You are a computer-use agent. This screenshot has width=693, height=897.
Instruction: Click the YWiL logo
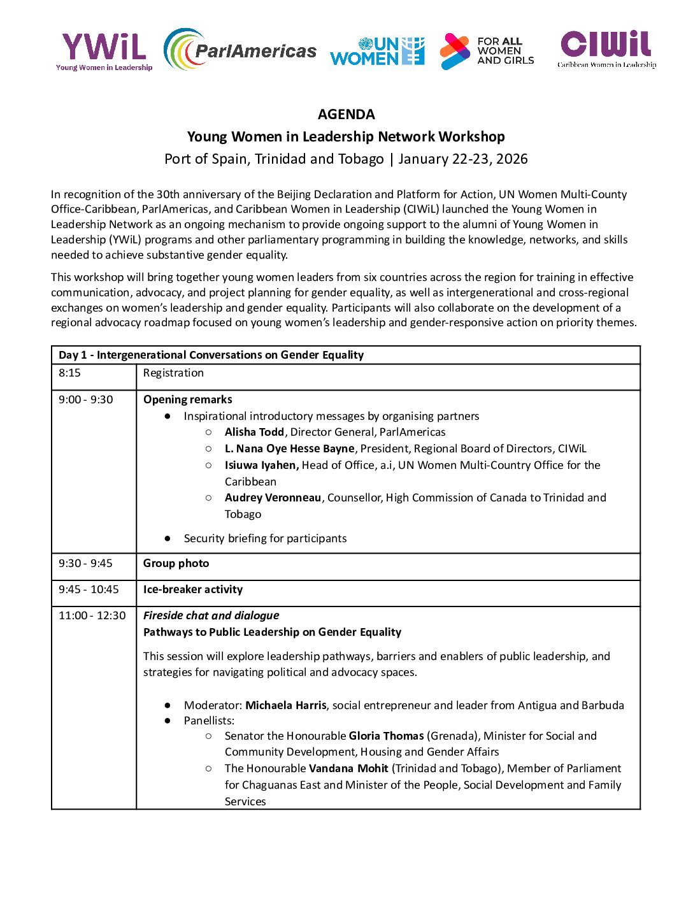click(x=104, y=51)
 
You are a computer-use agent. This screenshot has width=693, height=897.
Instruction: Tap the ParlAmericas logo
click(x=240, y=50)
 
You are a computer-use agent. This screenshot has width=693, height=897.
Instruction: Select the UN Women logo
click(x=377, y=51)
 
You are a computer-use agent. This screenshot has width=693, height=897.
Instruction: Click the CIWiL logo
click(x=606, y=48)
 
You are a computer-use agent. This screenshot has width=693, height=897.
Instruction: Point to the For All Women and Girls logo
click(x=487, y=51)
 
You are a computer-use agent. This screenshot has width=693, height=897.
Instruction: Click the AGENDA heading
click(x=346, y=115)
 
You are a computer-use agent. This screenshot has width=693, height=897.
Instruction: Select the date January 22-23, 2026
click(x=463, y=159)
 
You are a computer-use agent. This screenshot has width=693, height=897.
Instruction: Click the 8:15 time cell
click(x=70, y=373)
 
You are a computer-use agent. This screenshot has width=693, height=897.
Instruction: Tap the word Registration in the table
click(x=173, y=373)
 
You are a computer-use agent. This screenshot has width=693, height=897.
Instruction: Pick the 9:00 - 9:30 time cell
click(x=86, y=399)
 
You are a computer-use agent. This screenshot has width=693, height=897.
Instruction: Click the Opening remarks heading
click(x=188, y=399)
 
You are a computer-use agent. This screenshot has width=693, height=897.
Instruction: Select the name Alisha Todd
click(x=254, y=432)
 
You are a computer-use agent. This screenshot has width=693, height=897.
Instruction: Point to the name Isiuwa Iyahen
click(x=262, y=465)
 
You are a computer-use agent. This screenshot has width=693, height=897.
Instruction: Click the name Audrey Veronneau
click(x=273, y=498)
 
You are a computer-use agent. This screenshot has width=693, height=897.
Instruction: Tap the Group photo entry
click(x=176, y=563)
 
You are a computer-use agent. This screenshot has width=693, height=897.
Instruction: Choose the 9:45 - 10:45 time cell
click(x=89, y=589)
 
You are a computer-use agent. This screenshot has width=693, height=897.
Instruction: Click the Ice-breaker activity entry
click(x=193, y=589)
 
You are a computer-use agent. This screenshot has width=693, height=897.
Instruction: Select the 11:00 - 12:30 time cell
click(x=92, y=615)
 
